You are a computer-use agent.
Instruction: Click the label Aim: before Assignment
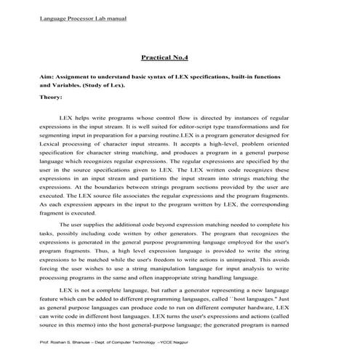[47, 76]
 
